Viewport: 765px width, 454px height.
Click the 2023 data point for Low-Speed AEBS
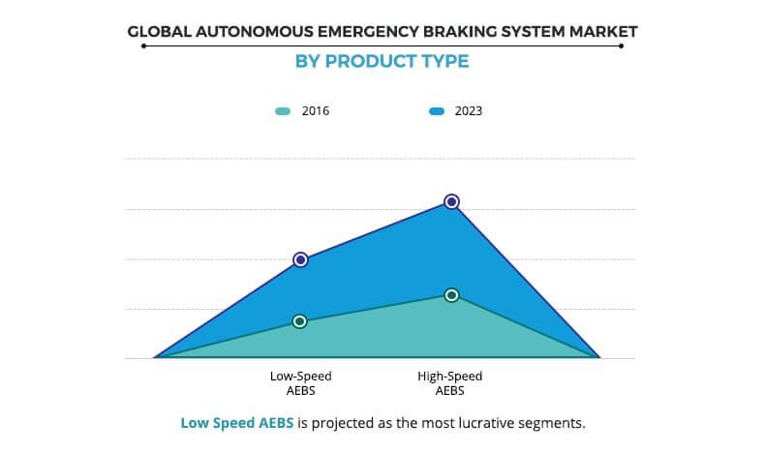pos(300,259)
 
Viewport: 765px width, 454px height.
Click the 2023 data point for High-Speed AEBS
pos(451,201)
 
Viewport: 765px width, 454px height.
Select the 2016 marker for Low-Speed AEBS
pos(300,321)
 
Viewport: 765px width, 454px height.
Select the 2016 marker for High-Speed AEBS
pos(451,294)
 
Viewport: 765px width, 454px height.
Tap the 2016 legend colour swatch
pos(282,111)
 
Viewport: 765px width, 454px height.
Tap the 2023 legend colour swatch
pos(436,111)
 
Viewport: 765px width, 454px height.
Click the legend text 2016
pos(316,111)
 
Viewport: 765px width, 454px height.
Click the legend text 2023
pos(469,111)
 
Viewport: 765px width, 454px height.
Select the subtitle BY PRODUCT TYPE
pos(382,61)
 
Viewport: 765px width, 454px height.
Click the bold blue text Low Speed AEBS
pos(237,423)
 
